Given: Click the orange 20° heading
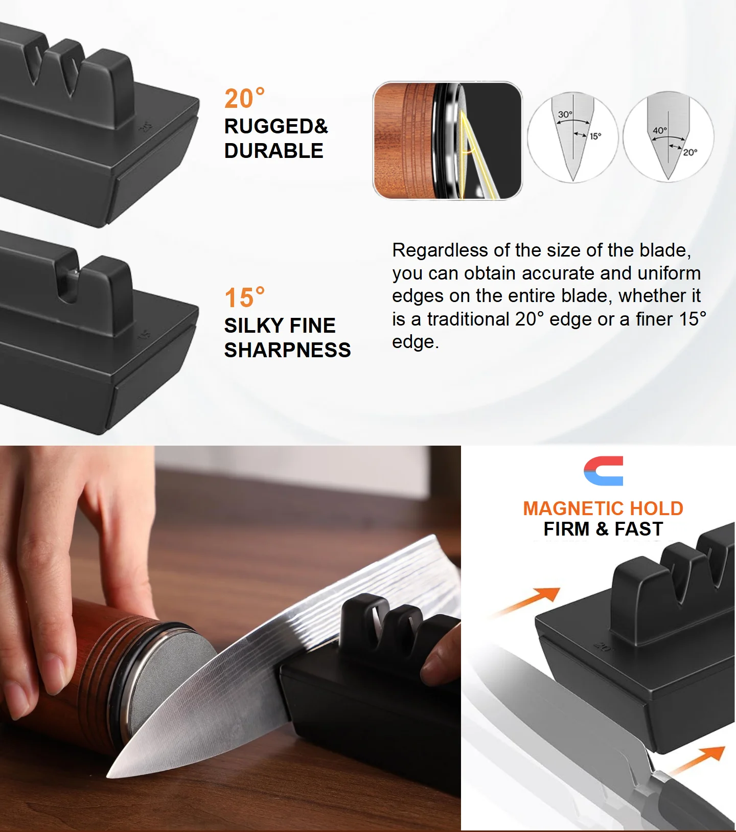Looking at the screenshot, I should pyautogui.click(x=244, y=99).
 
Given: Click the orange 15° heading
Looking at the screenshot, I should pyautogui.click(x=244, y=298).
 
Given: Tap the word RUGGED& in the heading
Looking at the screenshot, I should pyautogui.click(x=276, y=126).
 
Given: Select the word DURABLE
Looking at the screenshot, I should pyautogui.click(x=273, y=151).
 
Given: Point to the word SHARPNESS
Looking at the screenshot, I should pyautogui.click(x=287, y=350).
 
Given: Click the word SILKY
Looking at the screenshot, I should pyautogui.click(x=253, y=326).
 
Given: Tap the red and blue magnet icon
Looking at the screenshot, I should pyautogui.click(x=604, y=471).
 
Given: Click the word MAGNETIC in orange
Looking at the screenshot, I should pyautogui.click(x=567, y=509).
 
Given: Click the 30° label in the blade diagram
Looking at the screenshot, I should pyautogui.click(x=565, y=114).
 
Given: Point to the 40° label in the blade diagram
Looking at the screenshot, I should pyautogui.click(x=659, y=130).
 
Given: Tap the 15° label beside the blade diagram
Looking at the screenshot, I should pyautogui.click(x=595, y=136).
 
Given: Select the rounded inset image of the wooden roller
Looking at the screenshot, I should pyautogui.click(x=448, y=141).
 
